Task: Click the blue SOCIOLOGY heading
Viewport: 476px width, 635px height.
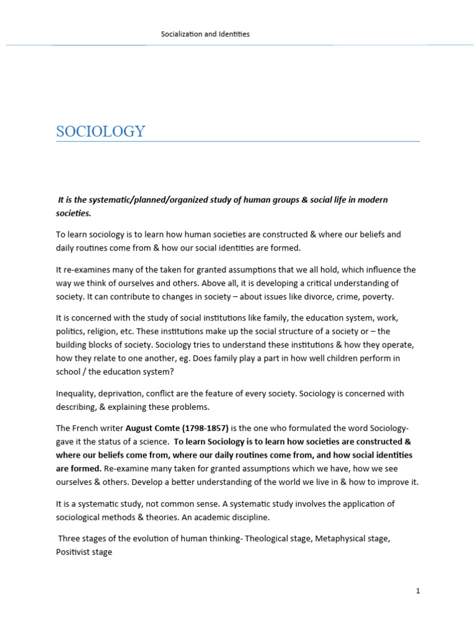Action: point(100,131)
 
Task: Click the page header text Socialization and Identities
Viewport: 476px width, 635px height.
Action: point(205,34)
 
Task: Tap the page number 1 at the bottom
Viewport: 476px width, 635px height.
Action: point(418,591)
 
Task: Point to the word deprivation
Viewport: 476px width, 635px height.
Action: point(123,393)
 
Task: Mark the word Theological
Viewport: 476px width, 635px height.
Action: point(267,538)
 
